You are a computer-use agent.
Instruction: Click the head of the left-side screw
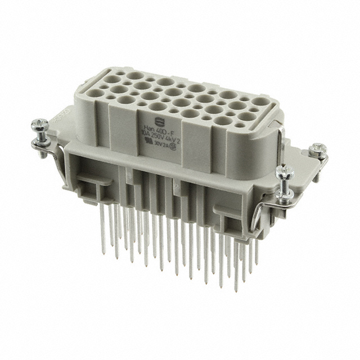[42, 121]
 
